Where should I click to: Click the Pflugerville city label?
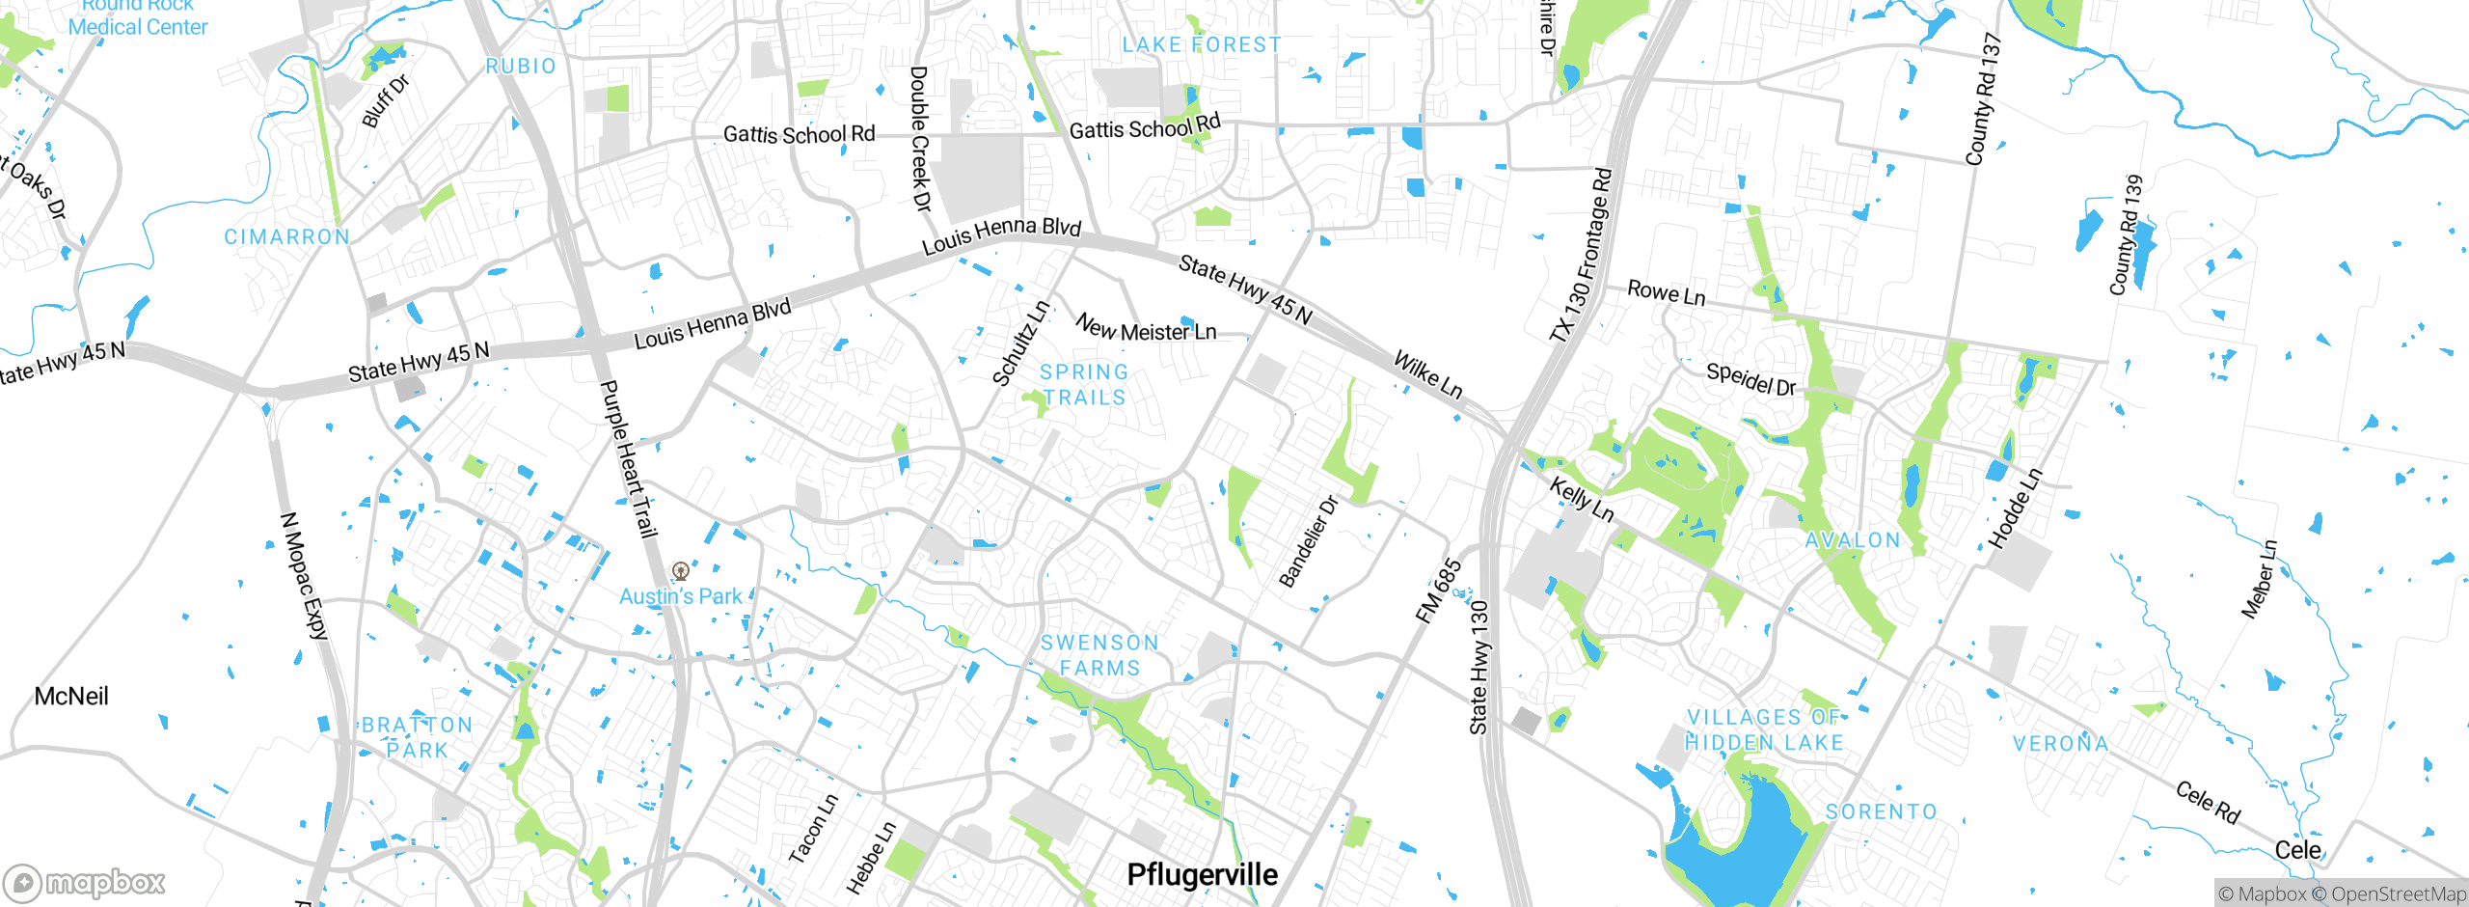click(x=1202, y=874)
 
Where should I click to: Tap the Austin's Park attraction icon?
click(x=681, y=570)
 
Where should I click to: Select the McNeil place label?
click(x=71, y=696)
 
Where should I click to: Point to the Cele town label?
click(x=2297, y=849)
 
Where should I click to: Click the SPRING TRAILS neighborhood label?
click(x=1084, y=384)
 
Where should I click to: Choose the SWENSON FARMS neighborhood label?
click(x=1099, y=655)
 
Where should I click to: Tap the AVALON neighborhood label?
click(x=1853, y=540)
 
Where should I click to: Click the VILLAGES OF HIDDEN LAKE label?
click(x=1764, y=729)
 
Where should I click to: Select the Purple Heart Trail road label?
click(x=628, y=458)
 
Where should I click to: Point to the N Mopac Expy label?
click(x=304, y=576)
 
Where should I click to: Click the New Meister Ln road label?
click(x=1146, y=328)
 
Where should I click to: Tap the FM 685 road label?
click(x=1439, y=591)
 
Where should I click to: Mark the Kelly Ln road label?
click(x=1581, y=499)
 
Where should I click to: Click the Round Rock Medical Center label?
click(x=137, y=17)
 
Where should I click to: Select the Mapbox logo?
click(x=85, y=883)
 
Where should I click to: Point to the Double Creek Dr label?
click(x=920, y=139)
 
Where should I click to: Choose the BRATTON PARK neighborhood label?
click(x=417, y=737)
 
